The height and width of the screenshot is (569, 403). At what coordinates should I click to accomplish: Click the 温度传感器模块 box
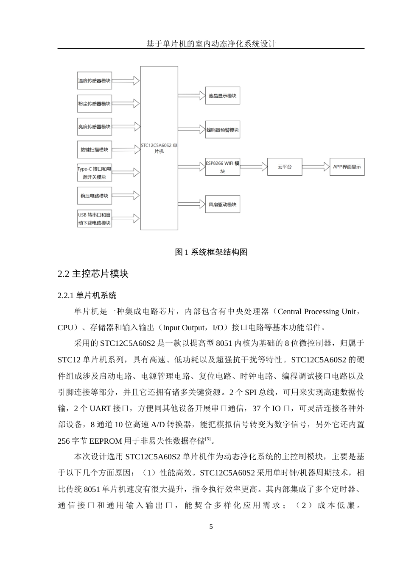pos(94,80)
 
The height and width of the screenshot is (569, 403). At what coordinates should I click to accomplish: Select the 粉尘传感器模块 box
pos(94,104)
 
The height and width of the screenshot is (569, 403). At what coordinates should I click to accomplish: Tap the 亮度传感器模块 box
pos(94,127)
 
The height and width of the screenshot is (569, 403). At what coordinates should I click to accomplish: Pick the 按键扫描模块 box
pos(94,149)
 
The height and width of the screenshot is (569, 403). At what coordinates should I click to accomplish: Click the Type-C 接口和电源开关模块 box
pos(94,173)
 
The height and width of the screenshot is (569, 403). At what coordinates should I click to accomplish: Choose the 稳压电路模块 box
pos(94,196)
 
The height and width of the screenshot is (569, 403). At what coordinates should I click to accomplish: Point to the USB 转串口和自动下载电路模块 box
pos(94,219)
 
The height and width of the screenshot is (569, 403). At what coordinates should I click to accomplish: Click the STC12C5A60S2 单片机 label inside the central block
pos(159,148)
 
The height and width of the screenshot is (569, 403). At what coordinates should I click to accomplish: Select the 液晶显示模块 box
pos(222,96)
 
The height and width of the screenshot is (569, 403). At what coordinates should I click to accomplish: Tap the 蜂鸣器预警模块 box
pos(222,130)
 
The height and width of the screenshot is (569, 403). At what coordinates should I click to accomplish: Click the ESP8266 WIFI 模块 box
pos(222,167)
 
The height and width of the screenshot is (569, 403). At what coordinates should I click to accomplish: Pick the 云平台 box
pos(284,167)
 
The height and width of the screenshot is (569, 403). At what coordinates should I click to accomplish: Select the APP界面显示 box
pos(347,167)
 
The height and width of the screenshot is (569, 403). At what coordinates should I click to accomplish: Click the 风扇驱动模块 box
pos(222,204)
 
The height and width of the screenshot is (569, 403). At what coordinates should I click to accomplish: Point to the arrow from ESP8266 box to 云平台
pos(253,167)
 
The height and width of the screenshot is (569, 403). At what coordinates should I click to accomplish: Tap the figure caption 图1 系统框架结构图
pos(211,252)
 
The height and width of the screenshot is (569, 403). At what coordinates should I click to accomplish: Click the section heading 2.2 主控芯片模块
pos(93,274)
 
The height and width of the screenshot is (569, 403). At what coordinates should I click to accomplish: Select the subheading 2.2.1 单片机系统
pos(87,295)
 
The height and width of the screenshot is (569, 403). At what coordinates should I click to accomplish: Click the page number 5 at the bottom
pos(211,527)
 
